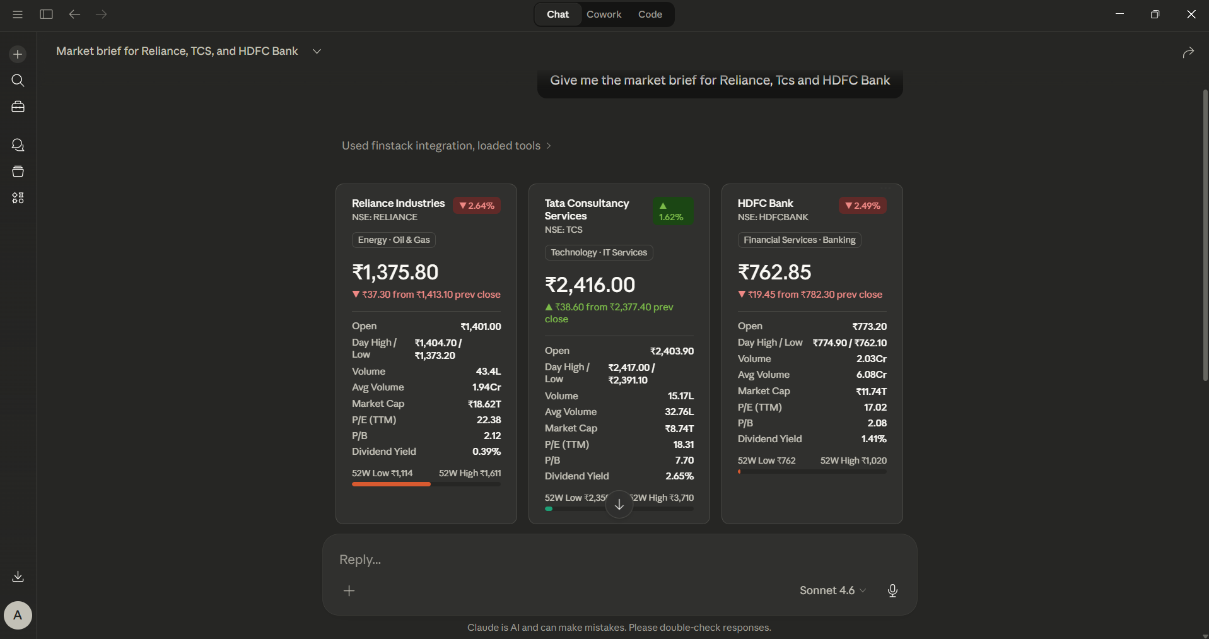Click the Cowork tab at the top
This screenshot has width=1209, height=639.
(604, 15)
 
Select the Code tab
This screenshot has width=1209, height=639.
(650, 15)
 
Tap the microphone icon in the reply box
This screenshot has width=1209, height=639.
(892, 590)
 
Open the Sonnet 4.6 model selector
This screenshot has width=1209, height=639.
(832, 590)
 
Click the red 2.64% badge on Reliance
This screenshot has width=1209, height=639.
(477, 206)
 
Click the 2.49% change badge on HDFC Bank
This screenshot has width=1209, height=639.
(863, 206)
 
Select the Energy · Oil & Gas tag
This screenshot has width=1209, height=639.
(394, 240)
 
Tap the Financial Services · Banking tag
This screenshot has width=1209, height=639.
(799, 240)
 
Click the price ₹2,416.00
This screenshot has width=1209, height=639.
(590, 284)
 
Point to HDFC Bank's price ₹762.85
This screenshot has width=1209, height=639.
(774, 272)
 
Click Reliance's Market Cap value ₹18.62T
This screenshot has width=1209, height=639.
(484, 404)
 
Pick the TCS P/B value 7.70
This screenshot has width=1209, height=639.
(684, 460)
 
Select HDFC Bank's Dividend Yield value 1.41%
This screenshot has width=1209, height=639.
(874, 439)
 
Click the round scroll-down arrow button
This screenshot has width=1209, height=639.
(619, 505)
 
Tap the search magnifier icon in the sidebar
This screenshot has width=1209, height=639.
(18, 81)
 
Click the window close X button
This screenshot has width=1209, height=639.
(1191, 14)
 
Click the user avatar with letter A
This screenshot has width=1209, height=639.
(18, 615)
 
